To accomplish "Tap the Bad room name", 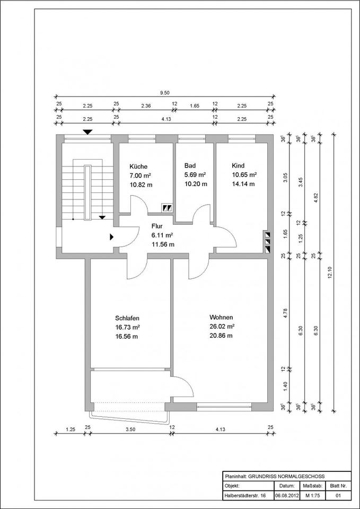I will click(190, 166).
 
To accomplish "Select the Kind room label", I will click(238, 166).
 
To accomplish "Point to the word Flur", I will click(157, 225).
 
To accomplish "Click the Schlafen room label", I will click(127, 318).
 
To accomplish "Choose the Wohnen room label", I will click(221, 318).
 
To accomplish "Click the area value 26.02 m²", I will click(222, 327).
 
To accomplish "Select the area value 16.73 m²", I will click(127, 327).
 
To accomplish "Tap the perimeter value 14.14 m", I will click(243, 185).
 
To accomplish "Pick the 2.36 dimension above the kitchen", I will click(146, 106).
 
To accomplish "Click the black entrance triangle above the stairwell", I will click(87, 131).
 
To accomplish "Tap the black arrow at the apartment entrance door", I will click(111, 237).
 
